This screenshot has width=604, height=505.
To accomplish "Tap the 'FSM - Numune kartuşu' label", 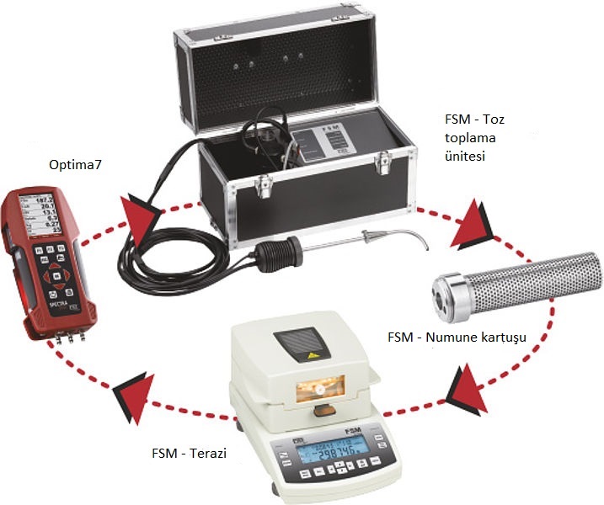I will [x=457, y=338].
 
